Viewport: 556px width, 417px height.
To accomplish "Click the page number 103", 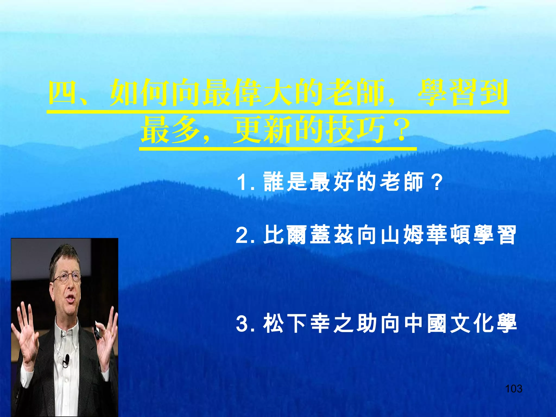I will coord(514,389).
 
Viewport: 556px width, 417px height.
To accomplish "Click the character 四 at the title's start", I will coord(63,92).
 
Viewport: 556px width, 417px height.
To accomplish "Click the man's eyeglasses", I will coord(67,277).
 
